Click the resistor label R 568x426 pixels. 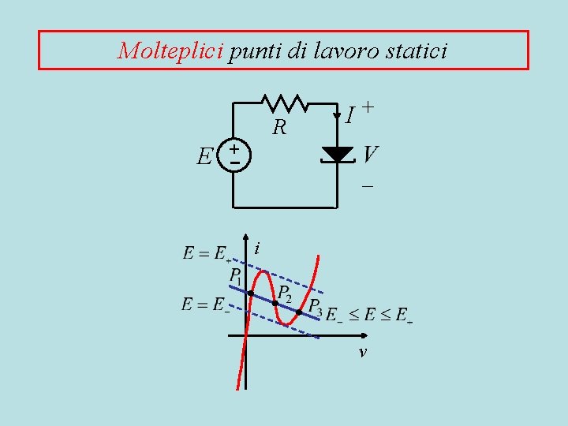pyautogui.click(x=278, y=127)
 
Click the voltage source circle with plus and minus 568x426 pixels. pyautogui.click(x=234, y=155)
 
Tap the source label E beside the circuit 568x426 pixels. pyautogui.click(x=204, y=157)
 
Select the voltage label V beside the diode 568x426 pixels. pyautogui.click(x=370, y=154)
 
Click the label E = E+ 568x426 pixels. pyautogui.click(x=207, y=254)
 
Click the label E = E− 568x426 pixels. pyautogui.click(x=205, y=305)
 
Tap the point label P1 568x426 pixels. pyautogui.click(x=236, y=277)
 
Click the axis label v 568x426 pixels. pyautogui.click(x=361, y=353)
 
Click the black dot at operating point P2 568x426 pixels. pyautogui.click(x=275, y=303)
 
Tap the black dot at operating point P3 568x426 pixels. pyautogui.click(x=299, y=313)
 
